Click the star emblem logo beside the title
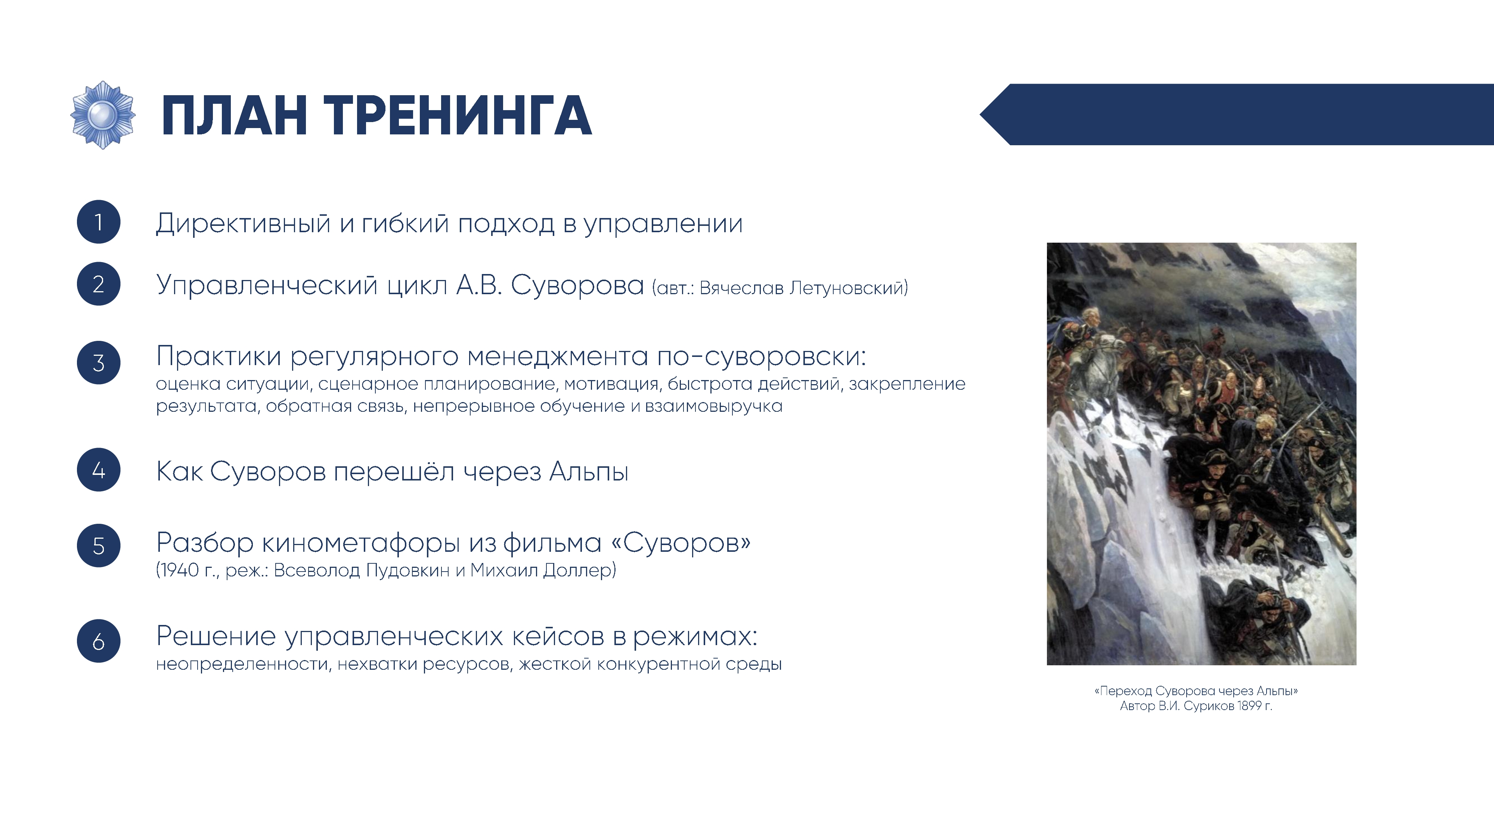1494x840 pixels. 103,115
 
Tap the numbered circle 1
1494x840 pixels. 99,222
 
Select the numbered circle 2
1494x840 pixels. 99,284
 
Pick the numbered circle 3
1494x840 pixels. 99,363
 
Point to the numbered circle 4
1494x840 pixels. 99,470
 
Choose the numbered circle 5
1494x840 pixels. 99,545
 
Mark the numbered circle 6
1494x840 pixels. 99,641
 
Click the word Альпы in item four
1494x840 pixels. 589,471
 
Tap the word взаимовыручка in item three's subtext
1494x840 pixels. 714,407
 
